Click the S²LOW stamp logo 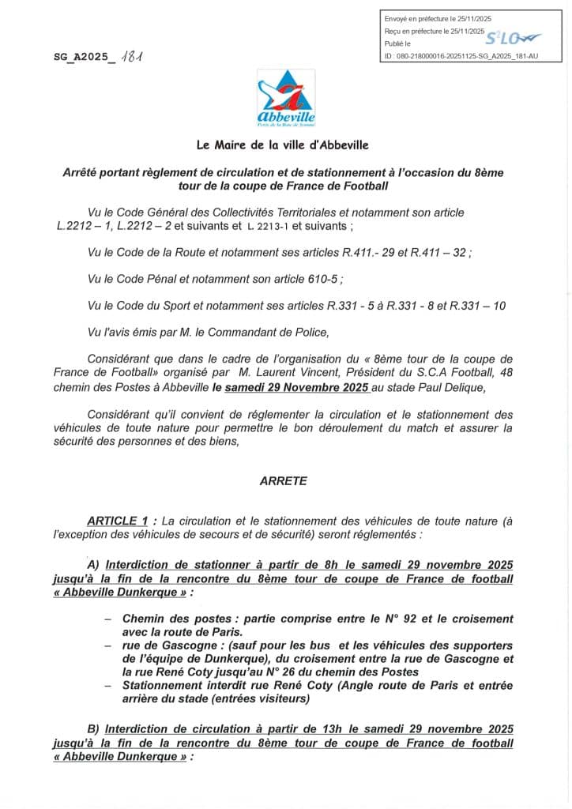(x=512, y=37)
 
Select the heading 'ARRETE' (x=284, y=480)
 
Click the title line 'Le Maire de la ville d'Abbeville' (x=283, y=145)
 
